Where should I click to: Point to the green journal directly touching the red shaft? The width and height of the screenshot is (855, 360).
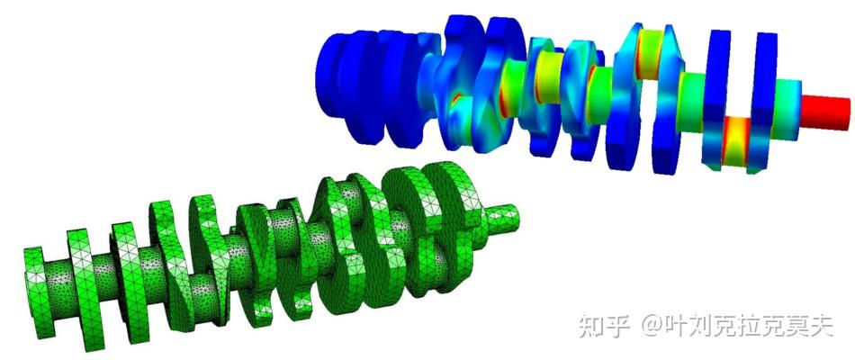pos(787,98)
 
